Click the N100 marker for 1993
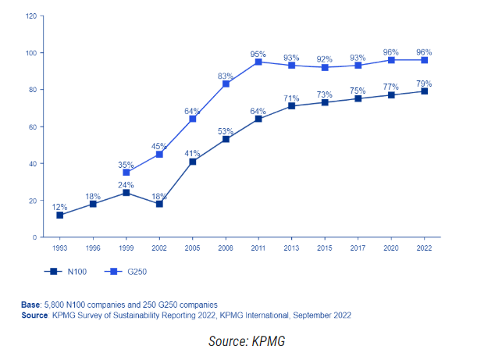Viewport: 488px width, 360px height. [x=59, y=215]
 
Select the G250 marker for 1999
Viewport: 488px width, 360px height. [x=126, y=173]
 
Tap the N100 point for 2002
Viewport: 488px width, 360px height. [x=159, y=204]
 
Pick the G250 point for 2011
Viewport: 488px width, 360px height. [x=258, y=62]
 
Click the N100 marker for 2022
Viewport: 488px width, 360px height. [x=423, y=91]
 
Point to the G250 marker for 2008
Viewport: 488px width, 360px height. [x=225, y=84]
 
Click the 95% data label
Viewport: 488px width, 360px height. [x=258, y=53]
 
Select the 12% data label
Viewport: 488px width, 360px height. [x=59, y=206]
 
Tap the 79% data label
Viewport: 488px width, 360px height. [x=423, y=83]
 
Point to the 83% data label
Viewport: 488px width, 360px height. [x=225, y=75]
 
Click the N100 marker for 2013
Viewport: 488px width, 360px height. [x=291, y=105]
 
